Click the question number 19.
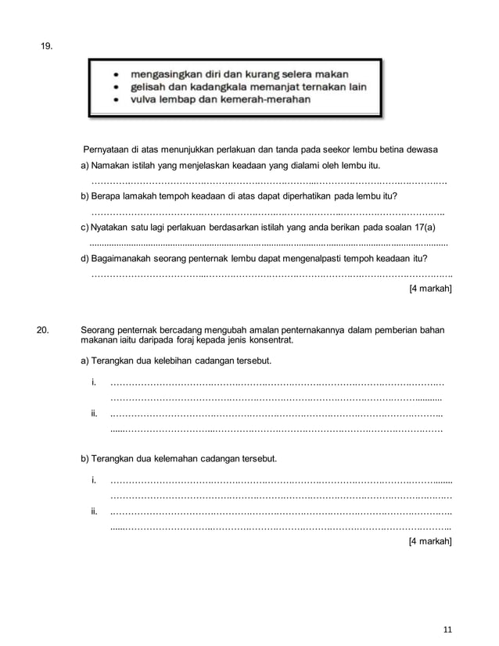(x=46, y=48)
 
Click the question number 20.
(x=46, y=331)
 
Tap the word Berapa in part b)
(x=108, y=196)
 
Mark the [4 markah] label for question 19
(x=430, y=288)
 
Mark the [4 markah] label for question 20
(x=430, y=540)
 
